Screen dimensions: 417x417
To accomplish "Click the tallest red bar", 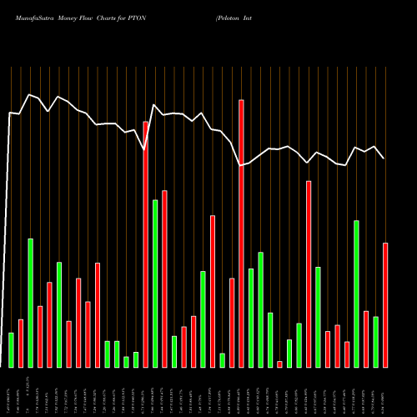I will (x=241, y=234).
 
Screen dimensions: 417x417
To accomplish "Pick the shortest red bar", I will (x=279, y=364).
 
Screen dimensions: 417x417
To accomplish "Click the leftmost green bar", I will (x=11, y=349).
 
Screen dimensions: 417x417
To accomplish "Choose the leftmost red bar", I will (x=21, y=343).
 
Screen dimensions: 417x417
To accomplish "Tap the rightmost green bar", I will (x=375, y=342).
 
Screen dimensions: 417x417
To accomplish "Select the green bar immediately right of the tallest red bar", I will (x=251, y=318).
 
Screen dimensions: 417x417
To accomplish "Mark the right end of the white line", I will (x=384, y=158).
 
